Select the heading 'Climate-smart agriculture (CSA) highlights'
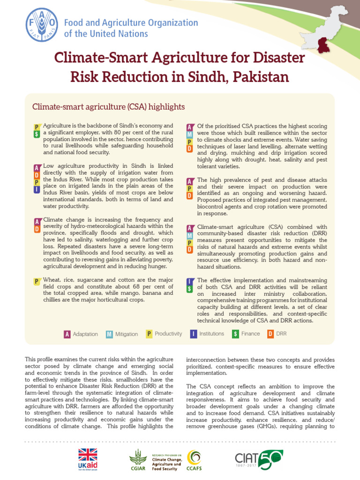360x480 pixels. (108, 107)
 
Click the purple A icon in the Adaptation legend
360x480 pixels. (67, 334)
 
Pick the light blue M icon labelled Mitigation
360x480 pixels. (109, 334)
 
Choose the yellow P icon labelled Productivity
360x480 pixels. (149, 334)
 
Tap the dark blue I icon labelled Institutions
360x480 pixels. (193, 334)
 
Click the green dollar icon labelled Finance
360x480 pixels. (236, 334)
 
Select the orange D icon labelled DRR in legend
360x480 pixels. (270, 334)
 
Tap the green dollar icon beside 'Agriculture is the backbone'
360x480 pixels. (37, 134)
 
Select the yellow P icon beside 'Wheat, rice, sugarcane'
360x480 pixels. (37, 281)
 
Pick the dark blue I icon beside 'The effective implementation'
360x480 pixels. (189, 281)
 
